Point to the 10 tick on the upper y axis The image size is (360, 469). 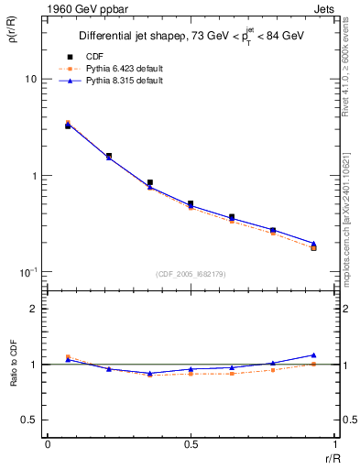pos(31,80)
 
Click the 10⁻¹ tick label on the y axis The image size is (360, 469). pos(28,272)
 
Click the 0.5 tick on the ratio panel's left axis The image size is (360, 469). pos(30,420)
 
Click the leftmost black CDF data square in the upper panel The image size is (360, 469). pos(68,125)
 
